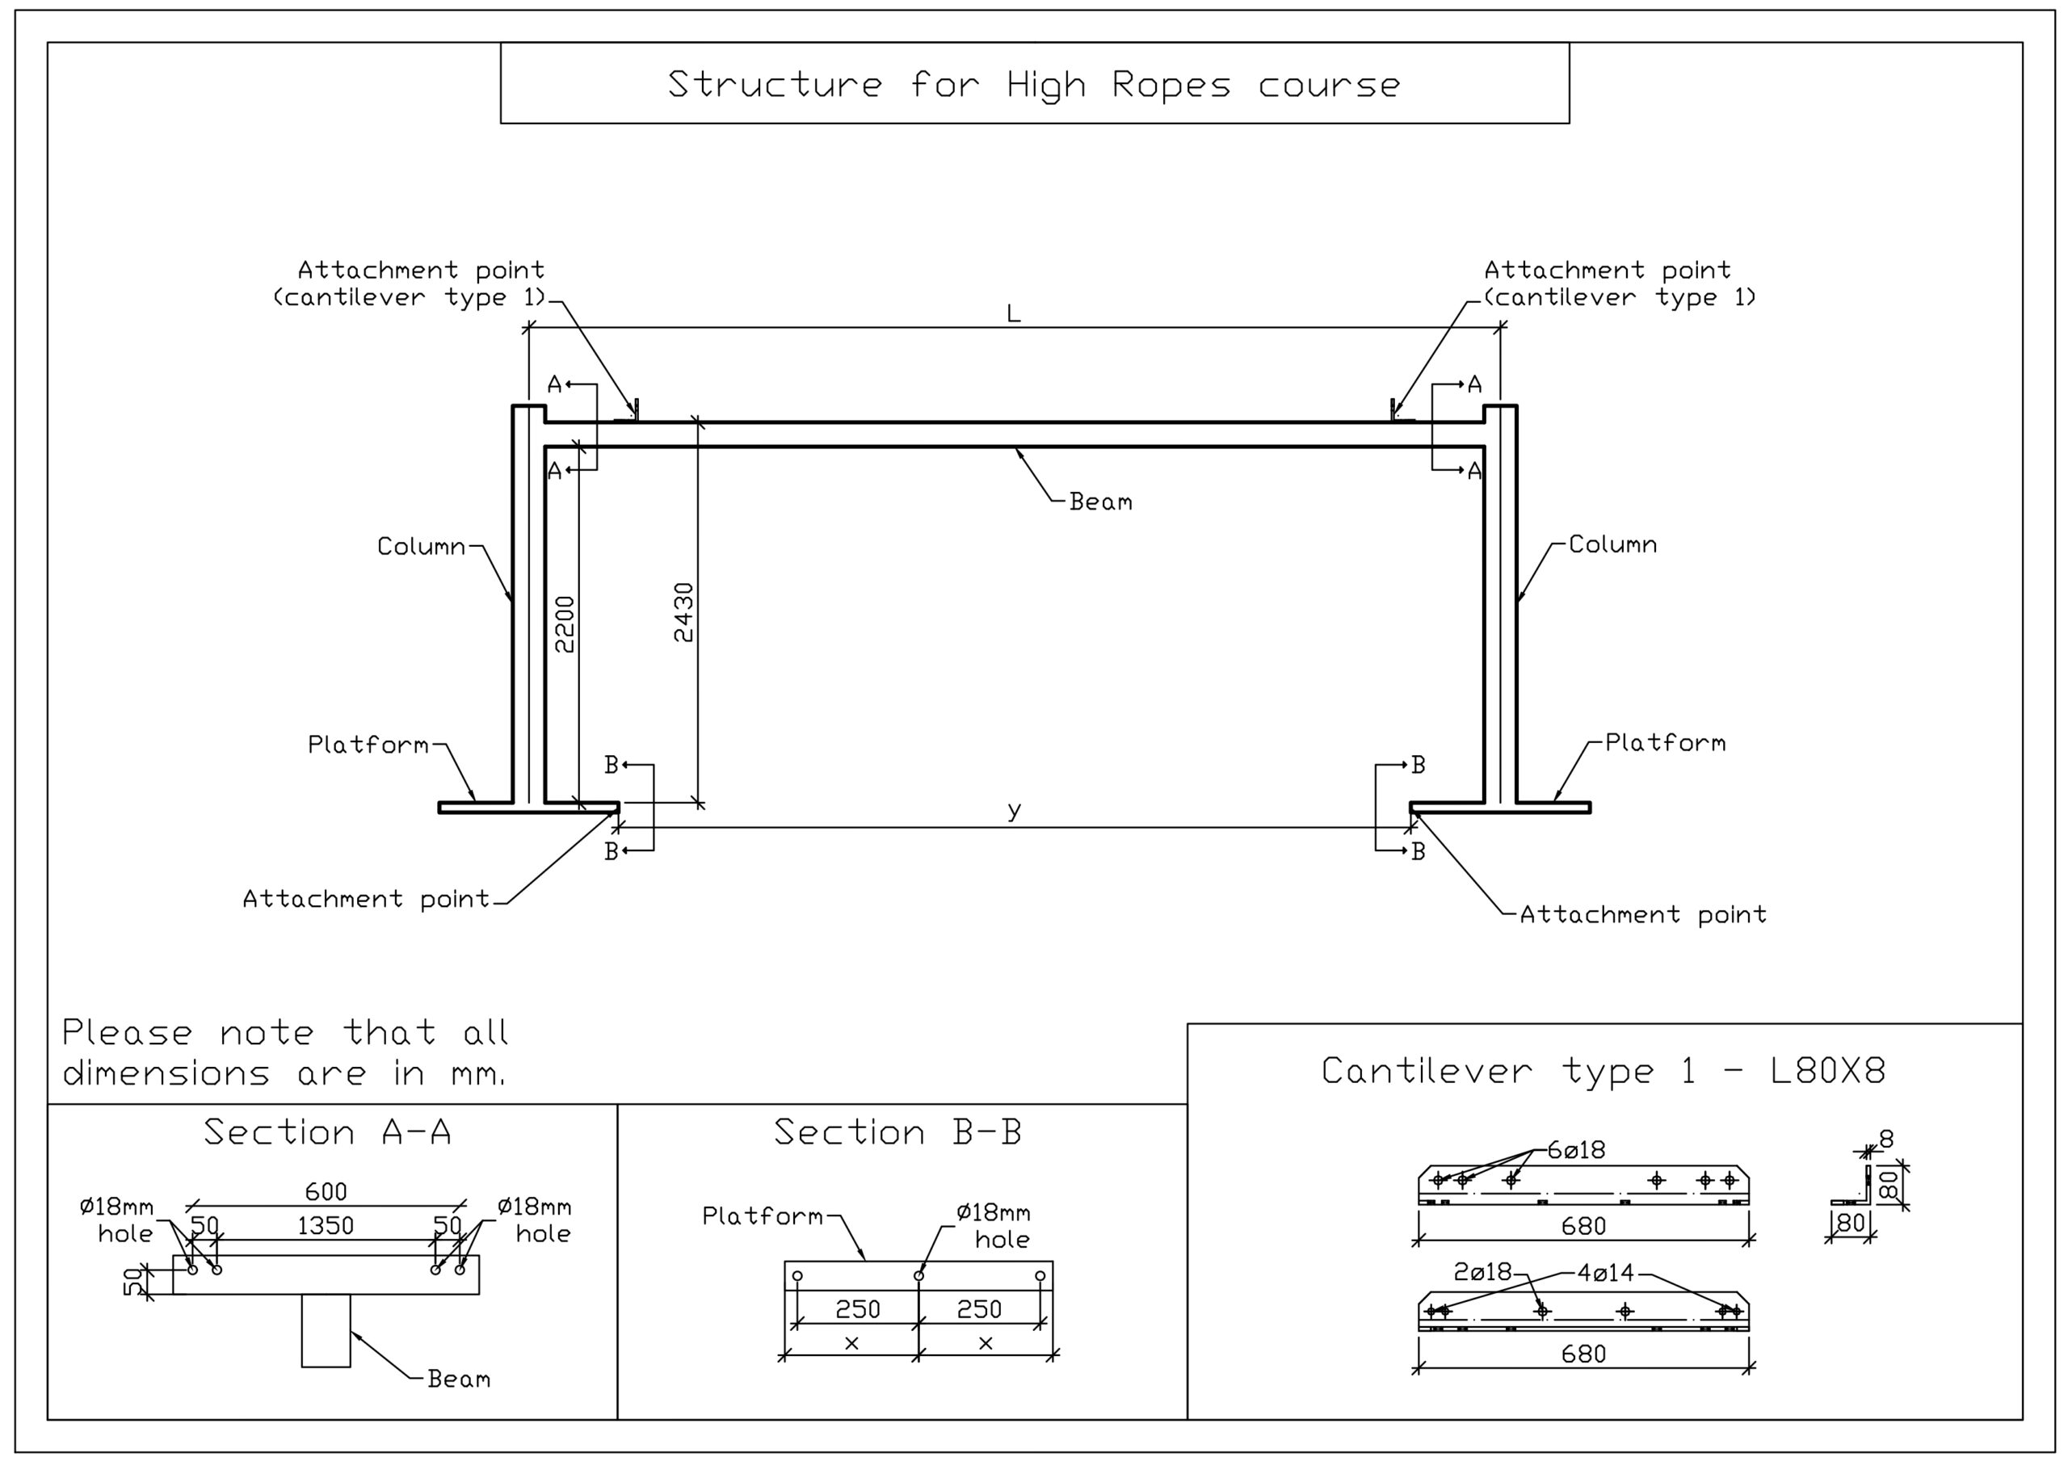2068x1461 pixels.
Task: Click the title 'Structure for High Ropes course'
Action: coord(1034,85)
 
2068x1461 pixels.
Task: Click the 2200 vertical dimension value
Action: coord(565,623)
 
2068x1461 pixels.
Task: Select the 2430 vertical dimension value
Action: coord(684,612)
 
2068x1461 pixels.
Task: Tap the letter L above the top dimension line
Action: coord(1013,314)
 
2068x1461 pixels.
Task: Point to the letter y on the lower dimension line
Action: coord(1014,810)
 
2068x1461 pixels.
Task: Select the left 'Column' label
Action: coord(421,547)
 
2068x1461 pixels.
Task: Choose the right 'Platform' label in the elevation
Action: coord(1666,743)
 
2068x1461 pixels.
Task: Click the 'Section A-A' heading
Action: coord(327,1132)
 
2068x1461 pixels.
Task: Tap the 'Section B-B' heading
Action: coord(898,1132)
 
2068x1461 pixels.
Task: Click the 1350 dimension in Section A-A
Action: coord(326,1226)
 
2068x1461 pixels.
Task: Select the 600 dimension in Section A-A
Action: coord(326,1192)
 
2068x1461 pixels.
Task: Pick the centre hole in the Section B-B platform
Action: coord(918,1275)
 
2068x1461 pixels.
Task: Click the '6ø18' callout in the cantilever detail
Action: coord(1576,1150)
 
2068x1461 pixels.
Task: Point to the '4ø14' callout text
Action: coord(1605,1273)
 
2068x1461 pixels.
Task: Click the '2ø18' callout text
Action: coord(1482,1272)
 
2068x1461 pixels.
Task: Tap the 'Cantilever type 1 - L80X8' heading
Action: coord(1604,1071)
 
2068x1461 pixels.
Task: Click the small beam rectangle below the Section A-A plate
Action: coord(326,1330)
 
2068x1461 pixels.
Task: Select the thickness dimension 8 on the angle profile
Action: coord(1886,1140)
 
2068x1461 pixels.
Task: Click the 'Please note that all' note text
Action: coord(284,1032)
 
